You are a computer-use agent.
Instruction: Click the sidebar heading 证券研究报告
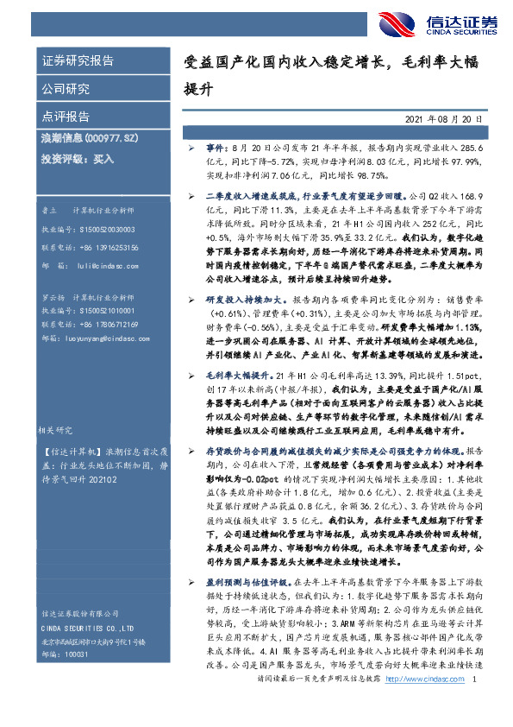point(78,61)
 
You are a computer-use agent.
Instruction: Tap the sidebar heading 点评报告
point(66,115)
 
